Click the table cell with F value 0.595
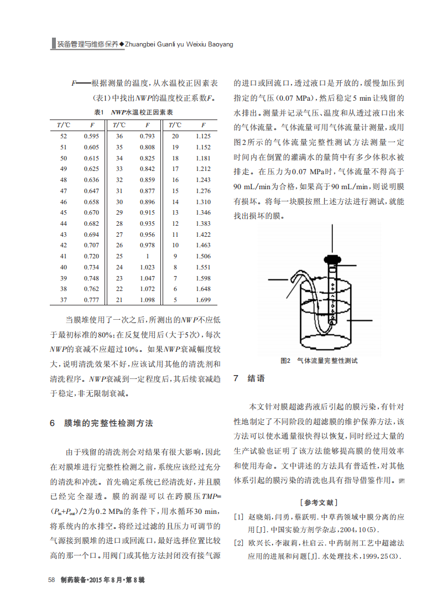coord(91,136)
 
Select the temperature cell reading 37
coord(64,299)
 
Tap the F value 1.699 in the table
coord(203,299)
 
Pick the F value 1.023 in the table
coord(147,267)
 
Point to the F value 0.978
coord(147,245)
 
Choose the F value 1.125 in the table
coord(203,136)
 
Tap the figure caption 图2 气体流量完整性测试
coord(319,360)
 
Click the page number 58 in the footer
coord(51,579)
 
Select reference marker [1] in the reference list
coord(238,517)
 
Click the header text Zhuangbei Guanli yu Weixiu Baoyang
coord(179,44)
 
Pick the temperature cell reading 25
coord(119,256)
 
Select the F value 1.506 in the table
coord(203,256)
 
